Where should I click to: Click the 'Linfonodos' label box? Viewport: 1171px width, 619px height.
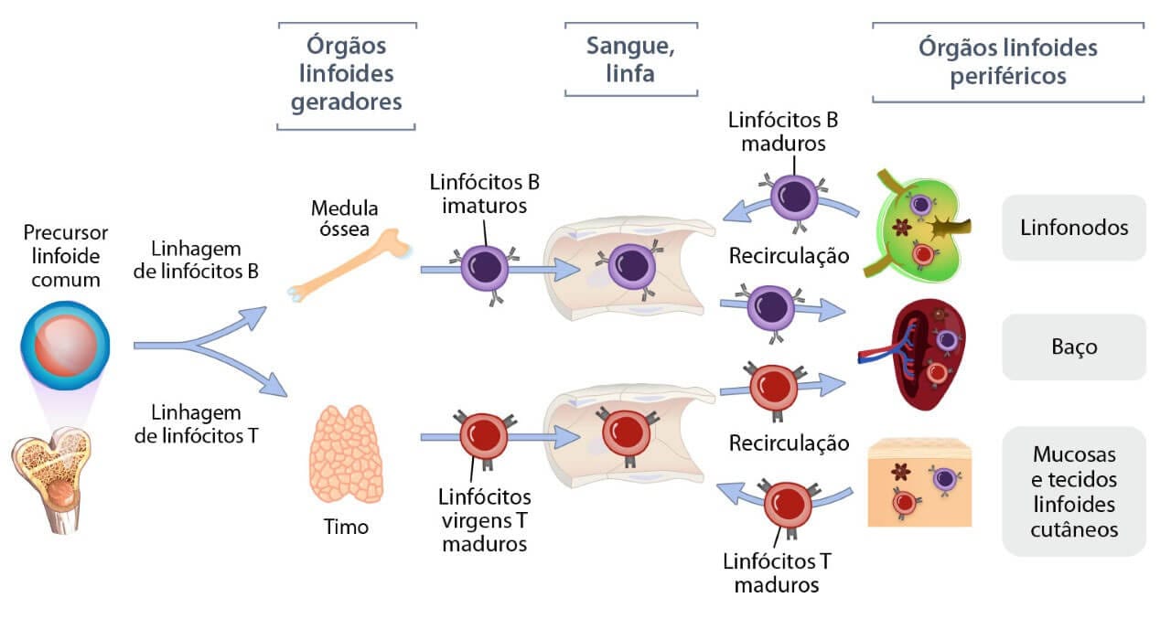[x=1074, y=227]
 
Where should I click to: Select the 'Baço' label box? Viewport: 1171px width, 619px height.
[x=1074, y=347]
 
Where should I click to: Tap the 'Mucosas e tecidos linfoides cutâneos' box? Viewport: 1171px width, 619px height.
[x=1074, y=491]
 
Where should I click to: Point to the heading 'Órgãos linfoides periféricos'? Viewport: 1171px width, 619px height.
[x=1007, y=61]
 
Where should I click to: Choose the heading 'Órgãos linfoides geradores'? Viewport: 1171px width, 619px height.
[x=347, y=74]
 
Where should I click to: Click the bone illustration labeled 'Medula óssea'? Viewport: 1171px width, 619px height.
[x=348, y=265]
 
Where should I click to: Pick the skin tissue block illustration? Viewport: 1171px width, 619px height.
[x=919, y=482]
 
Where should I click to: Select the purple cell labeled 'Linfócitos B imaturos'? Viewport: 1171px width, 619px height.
[x=484, y=270]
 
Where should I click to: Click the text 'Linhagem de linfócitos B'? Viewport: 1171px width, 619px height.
[x=196, y=260]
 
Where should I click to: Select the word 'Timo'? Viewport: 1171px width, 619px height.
[x=346, y=528]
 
